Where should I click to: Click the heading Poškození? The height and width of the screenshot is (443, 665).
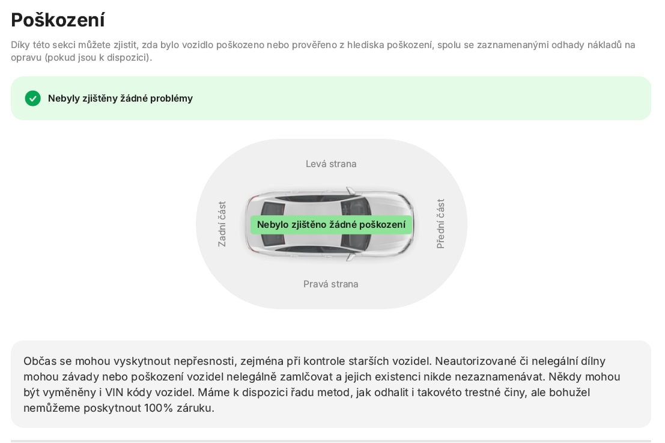tap(58, 20)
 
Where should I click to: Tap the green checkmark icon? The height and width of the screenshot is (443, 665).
tap(32, 99)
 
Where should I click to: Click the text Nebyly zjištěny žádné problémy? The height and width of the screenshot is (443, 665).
tap(120, 99)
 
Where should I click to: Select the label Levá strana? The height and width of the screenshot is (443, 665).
tap(331, 163)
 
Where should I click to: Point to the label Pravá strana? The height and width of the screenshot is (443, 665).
tap(331, 284)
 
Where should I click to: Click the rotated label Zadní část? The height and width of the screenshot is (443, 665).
tap(222, 224)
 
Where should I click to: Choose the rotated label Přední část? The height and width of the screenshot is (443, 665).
tap(440, 224)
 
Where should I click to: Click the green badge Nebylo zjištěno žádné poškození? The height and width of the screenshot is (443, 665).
tap(331, 224)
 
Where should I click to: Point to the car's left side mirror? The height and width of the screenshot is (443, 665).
tap(350, 191)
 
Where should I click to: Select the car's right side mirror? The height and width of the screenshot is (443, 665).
tap(350, 257)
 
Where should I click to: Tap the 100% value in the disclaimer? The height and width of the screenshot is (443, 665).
tap(159, 408)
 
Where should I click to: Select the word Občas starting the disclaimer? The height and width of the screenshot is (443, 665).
tap(40, 361)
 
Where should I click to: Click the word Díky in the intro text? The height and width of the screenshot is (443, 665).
tap(20, 45)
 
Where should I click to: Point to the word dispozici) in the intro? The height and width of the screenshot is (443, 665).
tap(129, 57)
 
